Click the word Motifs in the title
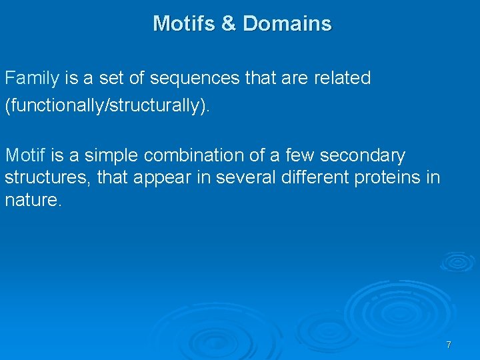(x=183, y=23)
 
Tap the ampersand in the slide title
(x=229, y=23)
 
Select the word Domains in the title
(x=287, y=23)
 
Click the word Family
(x=33, y=79)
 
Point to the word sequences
(x=195, y=79)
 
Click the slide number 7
(x=449, y=345)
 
